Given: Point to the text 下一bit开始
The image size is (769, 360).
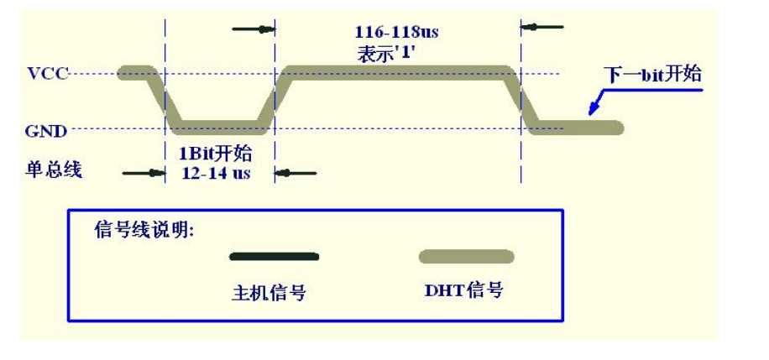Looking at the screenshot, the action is pos(652,75).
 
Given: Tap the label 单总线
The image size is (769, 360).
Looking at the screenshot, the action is pos(53,170).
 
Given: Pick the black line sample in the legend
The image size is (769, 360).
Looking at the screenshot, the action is pos(274,256).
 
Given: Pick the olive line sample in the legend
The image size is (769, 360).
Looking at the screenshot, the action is pos(467,257).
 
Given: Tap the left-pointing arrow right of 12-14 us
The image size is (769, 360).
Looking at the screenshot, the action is pos(296,173).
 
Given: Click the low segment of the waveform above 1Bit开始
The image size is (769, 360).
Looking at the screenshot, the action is pos(220,128).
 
